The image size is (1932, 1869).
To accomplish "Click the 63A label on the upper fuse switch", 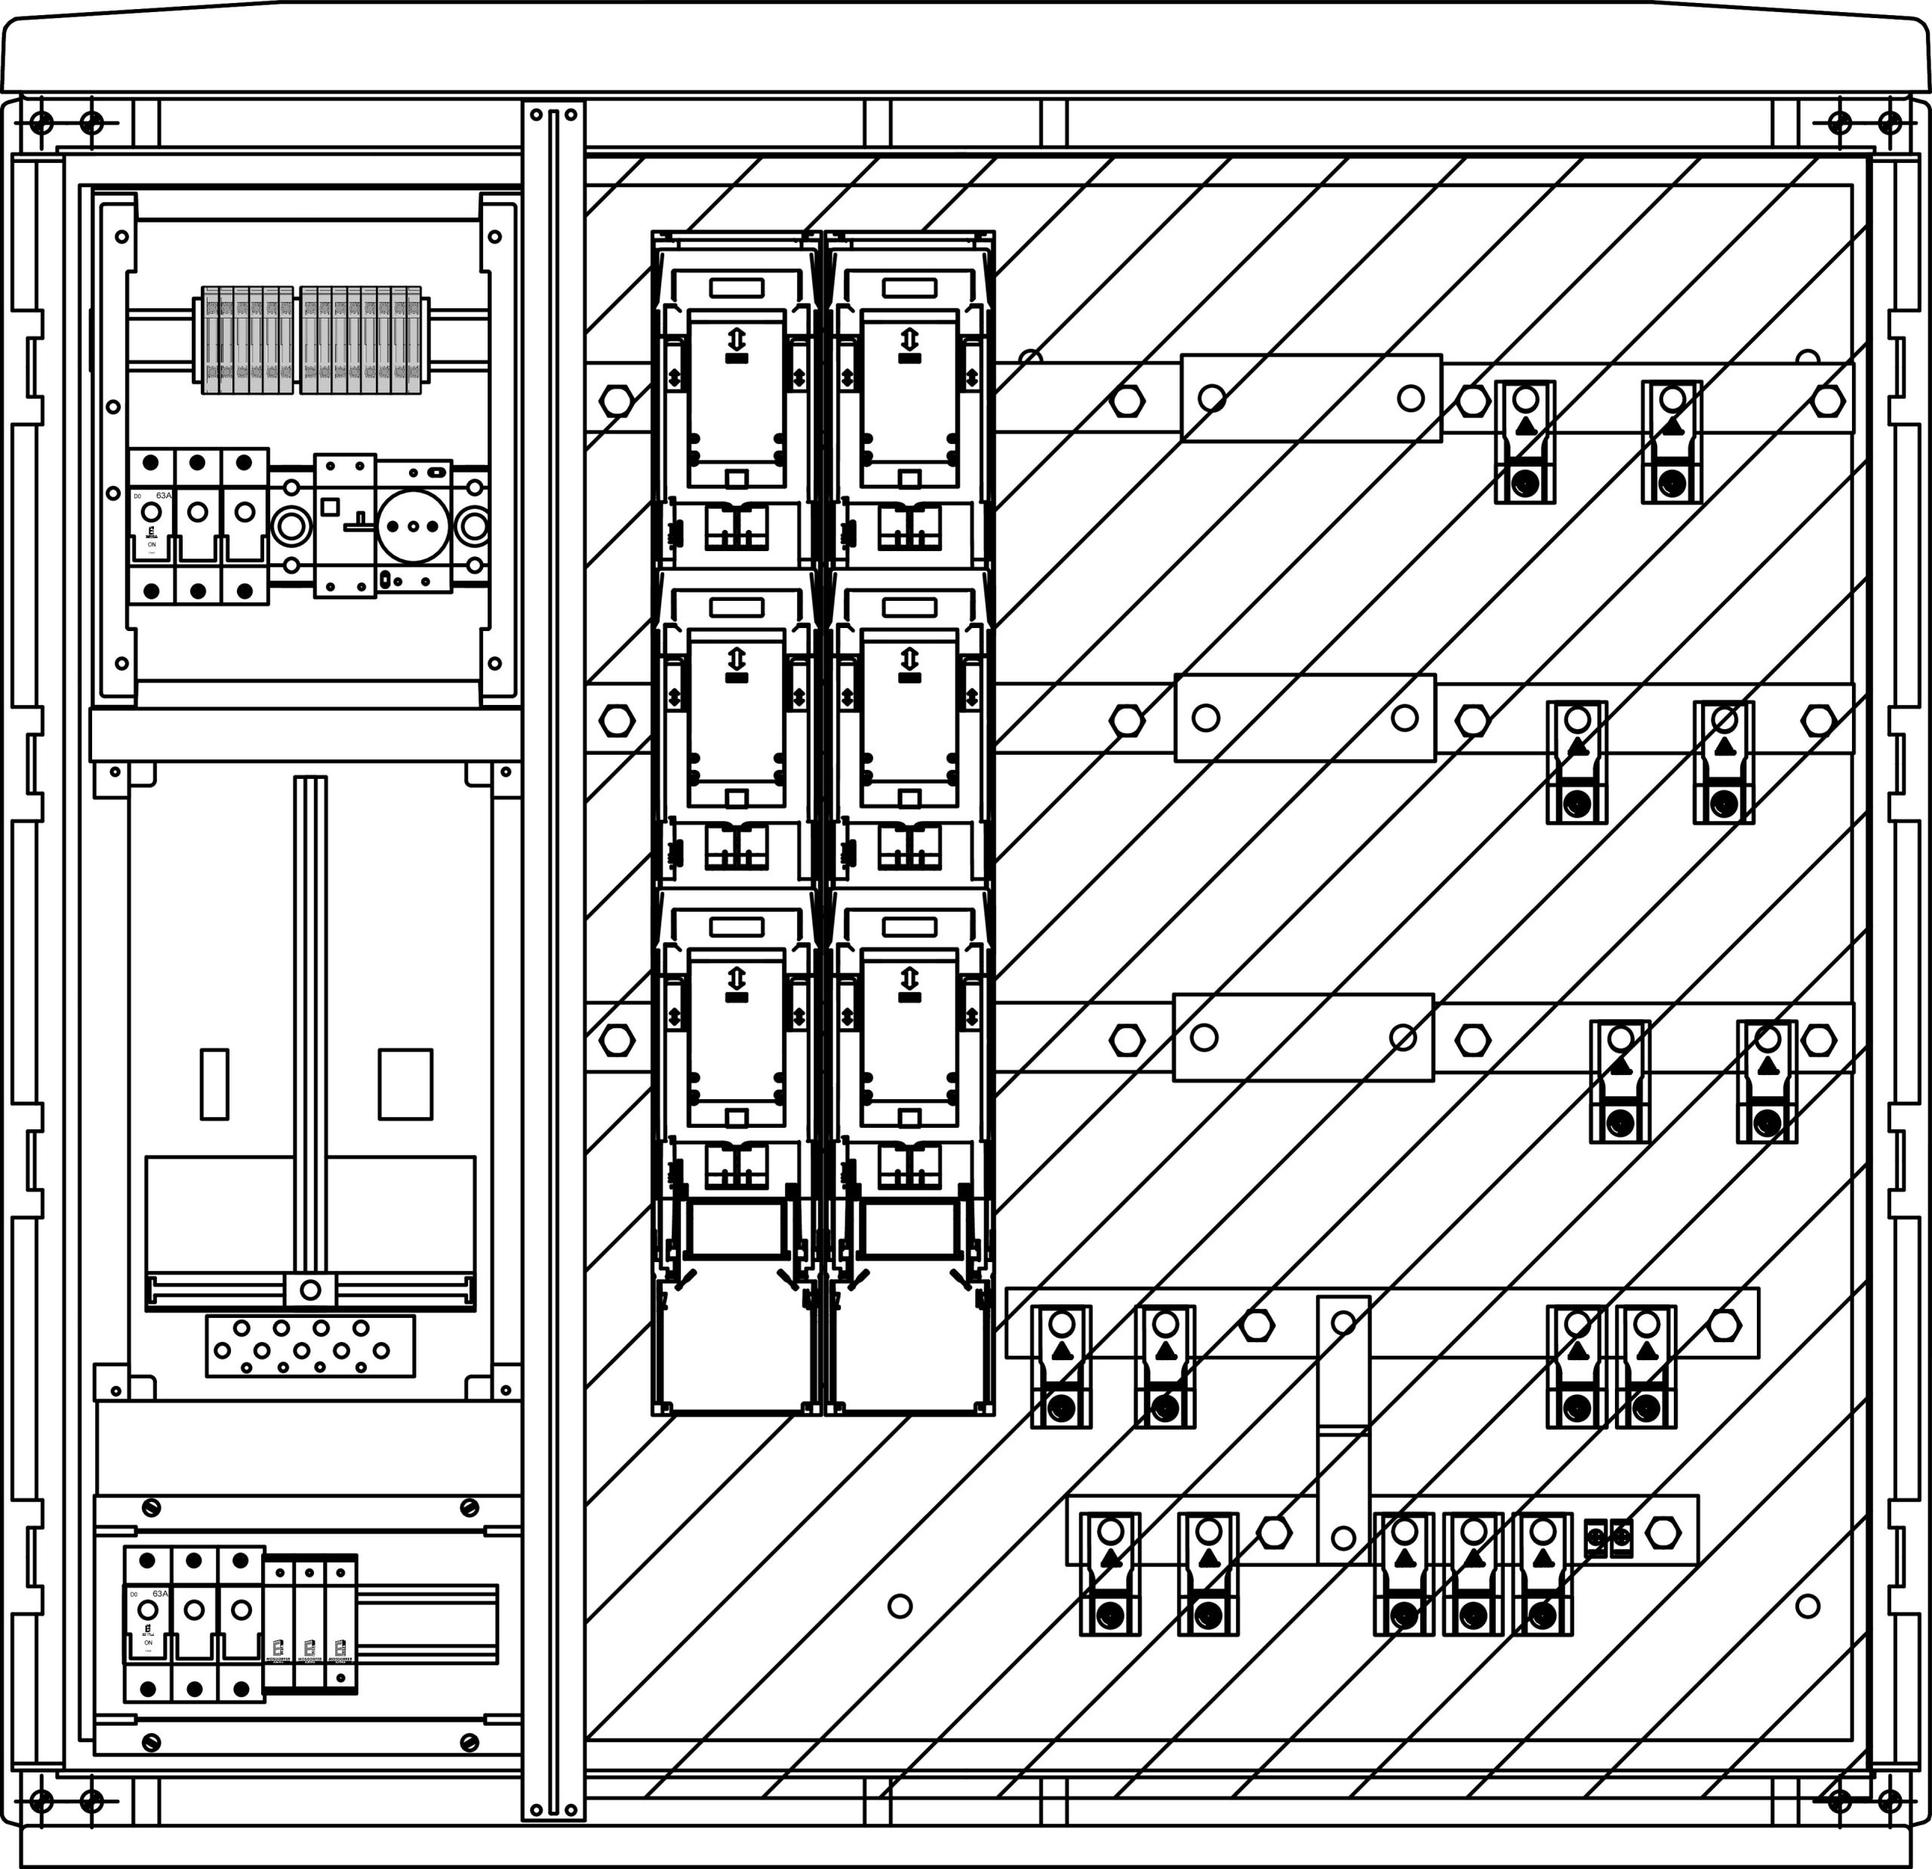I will [164, 495].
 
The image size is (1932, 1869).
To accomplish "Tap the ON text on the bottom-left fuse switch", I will [149, 1643].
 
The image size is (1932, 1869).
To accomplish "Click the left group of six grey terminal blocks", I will [248, 340].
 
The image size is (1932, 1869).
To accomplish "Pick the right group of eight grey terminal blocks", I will [361, 340].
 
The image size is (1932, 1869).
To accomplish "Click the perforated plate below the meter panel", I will [310, 1346].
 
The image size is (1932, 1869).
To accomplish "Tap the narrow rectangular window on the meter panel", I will [215, 1083].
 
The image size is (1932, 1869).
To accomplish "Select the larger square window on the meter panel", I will [405, 1083].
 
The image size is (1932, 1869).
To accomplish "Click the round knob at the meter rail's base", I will [310, 1289].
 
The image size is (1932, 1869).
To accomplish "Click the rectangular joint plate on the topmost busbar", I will [1311, 399].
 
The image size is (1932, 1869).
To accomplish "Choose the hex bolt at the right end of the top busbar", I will [1828, 400].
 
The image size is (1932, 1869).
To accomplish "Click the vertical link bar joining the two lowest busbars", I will [1343, 1430].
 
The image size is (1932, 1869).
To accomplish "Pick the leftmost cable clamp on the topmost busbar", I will [1525, 442].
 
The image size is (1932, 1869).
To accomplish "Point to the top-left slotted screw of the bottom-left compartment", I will [152, 1507].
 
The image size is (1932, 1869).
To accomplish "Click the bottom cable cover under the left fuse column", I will [735, 1346].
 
